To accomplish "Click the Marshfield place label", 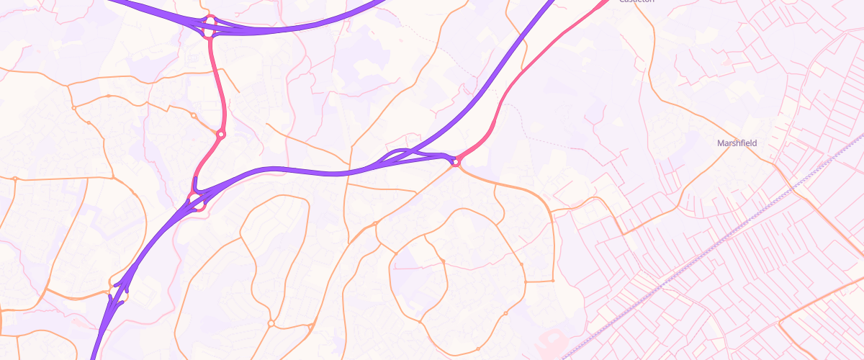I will (737, 143).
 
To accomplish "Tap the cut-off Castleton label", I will (636, 1).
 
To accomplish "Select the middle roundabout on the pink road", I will (221, 134).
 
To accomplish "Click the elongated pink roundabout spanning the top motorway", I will (210, 26).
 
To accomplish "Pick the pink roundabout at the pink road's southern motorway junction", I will (197, 201).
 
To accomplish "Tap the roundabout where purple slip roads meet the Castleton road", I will (456, 162).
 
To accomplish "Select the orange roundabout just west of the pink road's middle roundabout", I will (194, 115).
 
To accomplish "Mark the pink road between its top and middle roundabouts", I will (215, 79).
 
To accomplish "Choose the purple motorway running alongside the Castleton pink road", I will (497, 72).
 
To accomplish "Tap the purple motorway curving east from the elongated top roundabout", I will (302, 29).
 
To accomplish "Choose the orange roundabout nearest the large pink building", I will (506, 313).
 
